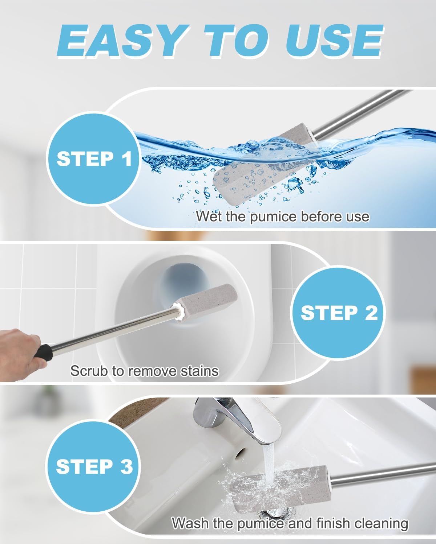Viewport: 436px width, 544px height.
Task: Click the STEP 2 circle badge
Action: pos(339,313)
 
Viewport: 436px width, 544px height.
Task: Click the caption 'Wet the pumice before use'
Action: pos(282,217)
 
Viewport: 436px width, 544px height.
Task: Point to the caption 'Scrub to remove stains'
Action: pos(144,371)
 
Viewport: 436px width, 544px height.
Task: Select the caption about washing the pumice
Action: pos(290,523)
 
